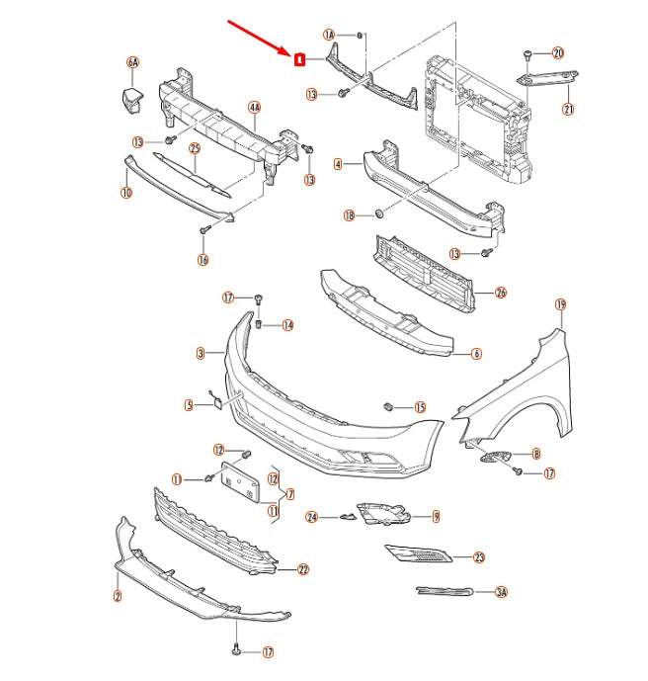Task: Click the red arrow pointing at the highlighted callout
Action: click(x=260, y=38)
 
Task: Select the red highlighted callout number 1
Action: click(x=298, y=59)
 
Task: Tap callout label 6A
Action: click(x=132, y=63)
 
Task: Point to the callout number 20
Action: click(x=558, y=52)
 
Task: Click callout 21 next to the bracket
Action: click(x=568, y=110)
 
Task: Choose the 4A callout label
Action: click(x=254, y=107)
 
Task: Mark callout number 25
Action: click(x=195, y=148)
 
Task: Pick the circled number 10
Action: click(x=126, y=193)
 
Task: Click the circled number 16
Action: click(x=203, y=261)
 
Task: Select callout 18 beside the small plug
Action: click(x=349, y=215)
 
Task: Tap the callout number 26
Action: click(x=501, y=293)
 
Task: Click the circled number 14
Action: click(x=287, y=324)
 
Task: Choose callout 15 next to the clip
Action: click(x=420, y=407)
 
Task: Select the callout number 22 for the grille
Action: click(x=303, y=569)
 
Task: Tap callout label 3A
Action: click(x=501, y=592)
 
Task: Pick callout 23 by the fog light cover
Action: click(x=479, y=557)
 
